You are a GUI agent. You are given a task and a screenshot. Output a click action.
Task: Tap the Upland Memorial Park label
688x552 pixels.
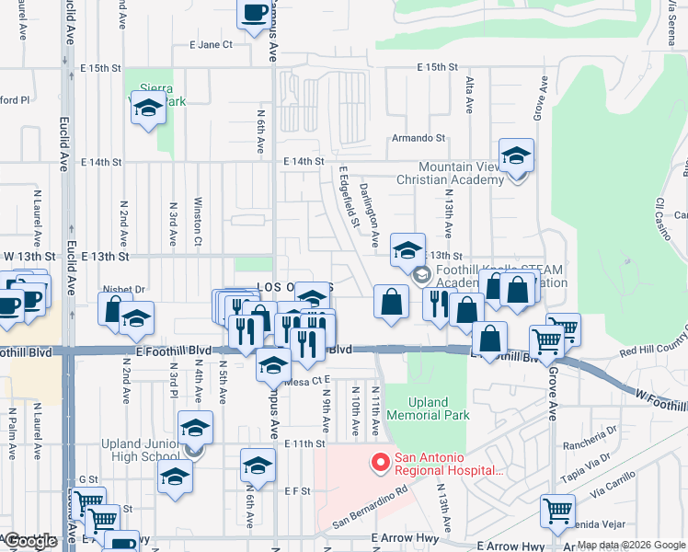click(x=428, y=408)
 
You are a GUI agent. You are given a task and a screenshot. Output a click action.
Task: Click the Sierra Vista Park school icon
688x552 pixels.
click(x=148, y=109)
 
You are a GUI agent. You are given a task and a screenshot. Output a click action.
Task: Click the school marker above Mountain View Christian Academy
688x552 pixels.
click(x=517, y=155)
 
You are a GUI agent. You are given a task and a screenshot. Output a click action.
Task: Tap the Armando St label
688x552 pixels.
click(x=418, y=138)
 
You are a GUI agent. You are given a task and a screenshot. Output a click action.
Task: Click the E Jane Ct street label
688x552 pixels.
click(x=211, y=44)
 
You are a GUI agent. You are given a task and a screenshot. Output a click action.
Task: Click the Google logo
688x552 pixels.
click(x=30, y=542)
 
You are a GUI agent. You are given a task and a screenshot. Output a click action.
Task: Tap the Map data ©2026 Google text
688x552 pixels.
click(x=632, y=546)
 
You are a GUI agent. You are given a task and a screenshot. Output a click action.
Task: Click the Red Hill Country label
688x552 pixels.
click(x=653, y=351)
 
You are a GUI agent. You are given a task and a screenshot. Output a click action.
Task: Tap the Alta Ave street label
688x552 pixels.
click(x=469, y=95)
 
